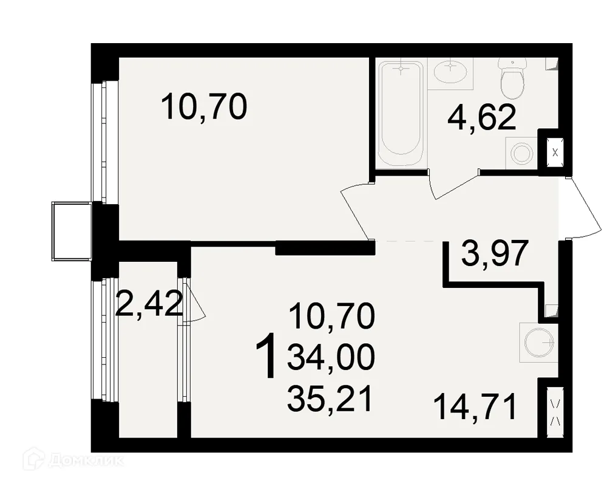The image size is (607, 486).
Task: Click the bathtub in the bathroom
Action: [x=400, y=114]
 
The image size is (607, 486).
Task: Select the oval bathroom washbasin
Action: [x=450, y=71]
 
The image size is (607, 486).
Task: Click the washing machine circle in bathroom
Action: [x=521, y=153]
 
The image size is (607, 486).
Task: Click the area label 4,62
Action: [x=481, y=118]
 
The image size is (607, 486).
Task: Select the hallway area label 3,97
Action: [x=495, y=253]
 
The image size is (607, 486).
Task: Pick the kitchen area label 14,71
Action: [x=475, y=406]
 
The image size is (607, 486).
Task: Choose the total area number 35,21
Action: [x=330, y=399]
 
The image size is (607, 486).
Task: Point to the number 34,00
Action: [x=331, y=357]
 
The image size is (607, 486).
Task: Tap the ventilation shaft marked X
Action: [x=555, y=152]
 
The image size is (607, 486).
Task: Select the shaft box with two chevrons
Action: [x=555, y=412]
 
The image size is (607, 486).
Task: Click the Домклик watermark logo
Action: [x=73, y=460]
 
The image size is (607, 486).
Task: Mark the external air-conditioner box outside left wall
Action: [x=72, y=231]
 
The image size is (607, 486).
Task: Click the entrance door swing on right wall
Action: [x=584, y=208]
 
